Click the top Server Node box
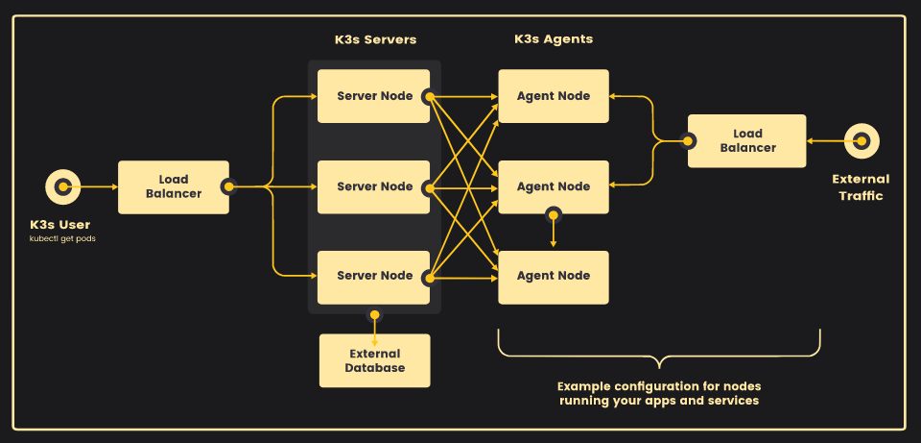click(x=374, y=96)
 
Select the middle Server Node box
click(x=374, y=186)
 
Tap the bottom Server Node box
click(x=374, y=276)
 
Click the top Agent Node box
click(x=554, y=96)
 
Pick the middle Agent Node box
click(x=554, y=186)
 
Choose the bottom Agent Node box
click(x=554, y=277)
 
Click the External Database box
click(x=374, y=360)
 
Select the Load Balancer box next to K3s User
click(x=173, y=186)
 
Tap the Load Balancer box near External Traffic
click(x=746, y=141)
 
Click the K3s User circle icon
click(x=62, y=186)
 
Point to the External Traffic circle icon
click(x=862, y=141)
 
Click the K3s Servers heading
click(x=375, y=40)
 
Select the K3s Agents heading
click(x=554, y=39)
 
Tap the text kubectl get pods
click(x=62, y=238)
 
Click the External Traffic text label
click(x=861, y=187)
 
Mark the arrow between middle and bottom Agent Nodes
click(x=553, y=233)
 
